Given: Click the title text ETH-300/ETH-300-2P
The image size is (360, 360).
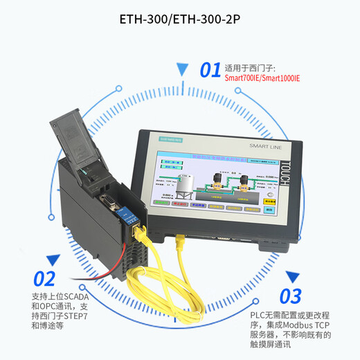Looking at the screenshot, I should [180, 19].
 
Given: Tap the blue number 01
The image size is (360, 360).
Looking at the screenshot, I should [210, 71].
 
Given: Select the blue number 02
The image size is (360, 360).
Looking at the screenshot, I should [44, 279].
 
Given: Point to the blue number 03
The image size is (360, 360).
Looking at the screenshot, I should [291, 296].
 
